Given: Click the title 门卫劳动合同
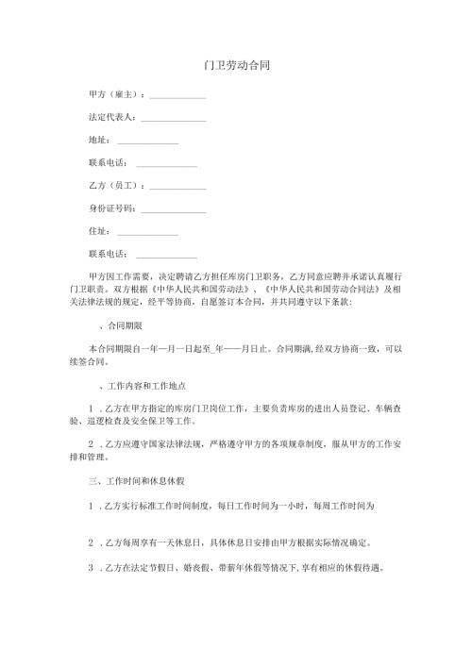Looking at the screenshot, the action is (235, 67).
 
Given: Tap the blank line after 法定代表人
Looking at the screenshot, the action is (174, 119).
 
